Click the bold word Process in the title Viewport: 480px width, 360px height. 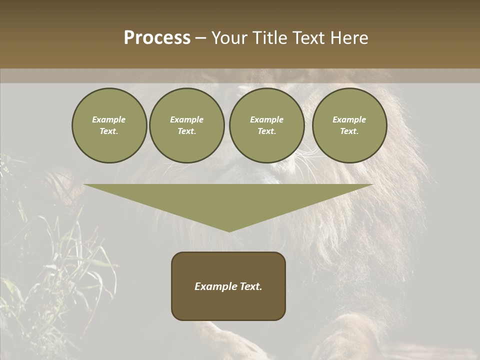pos(157,38)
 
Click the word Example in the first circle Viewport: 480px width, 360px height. pos(109,120)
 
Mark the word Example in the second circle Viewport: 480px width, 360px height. pos(187,120)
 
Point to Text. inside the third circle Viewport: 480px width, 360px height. pos(267,131)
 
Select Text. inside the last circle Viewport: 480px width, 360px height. pos(349,131)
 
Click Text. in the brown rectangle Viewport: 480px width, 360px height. pos(251,286)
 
